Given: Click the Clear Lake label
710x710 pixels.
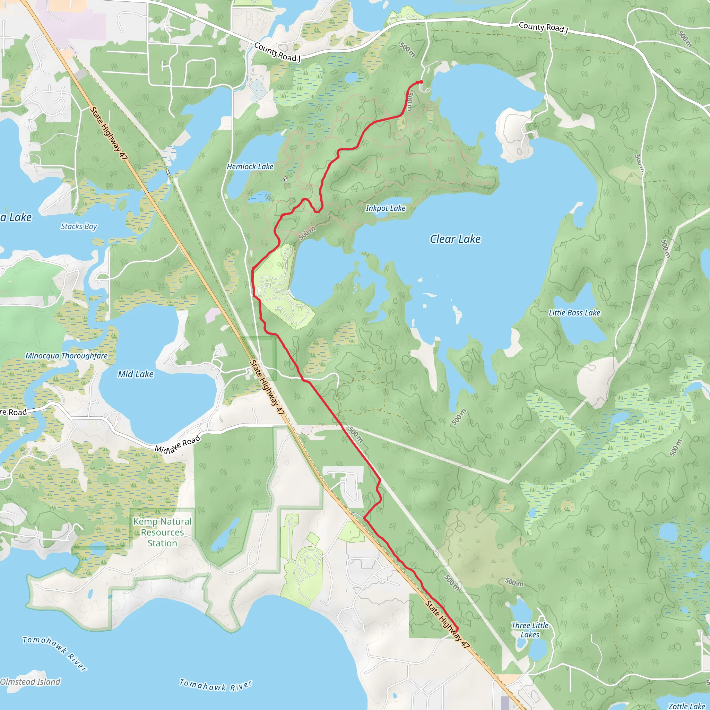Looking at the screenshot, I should pyautogui.click(x=455, y=239).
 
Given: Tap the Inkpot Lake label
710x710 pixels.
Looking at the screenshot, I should pyautogui.click(x=386, y=208).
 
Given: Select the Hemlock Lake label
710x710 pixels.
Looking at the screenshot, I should pyautogui.click(x=250, y=166).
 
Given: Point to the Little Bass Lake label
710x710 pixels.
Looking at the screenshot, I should pyautogui.click(x=574, y=313).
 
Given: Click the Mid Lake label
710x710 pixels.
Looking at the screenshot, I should pyautogui.click(x=136, y=374).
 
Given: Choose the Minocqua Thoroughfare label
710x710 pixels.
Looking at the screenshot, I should pyautogui.click(x=67, y=356).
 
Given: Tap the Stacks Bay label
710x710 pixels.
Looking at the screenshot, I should pyautogui.click(x=79, y=226).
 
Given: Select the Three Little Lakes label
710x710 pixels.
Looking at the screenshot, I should pyautogui.click(x=530, y=630).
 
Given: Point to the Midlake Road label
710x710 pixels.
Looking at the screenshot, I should pyautogui.click(x=177, y=444).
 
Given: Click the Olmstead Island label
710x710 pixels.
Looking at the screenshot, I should pyautogui.click(x=30, y=682).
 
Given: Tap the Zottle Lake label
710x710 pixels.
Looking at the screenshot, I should pyautogui.click(x=686, y=706).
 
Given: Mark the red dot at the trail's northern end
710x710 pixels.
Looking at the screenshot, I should pyautogui.click(x=421, y=82).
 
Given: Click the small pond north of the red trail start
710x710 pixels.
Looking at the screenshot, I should pyautogui.click(x=352, y=78).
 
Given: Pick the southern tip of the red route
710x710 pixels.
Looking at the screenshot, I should pyautogui.click(x=457, y=631).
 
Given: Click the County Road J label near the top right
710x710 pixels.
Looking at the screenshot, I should pyautogui.click(x=543, y=28).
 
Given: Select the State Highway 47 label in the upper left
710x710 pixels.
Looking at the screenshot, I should pyautogui.click(x=109, y=133).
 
